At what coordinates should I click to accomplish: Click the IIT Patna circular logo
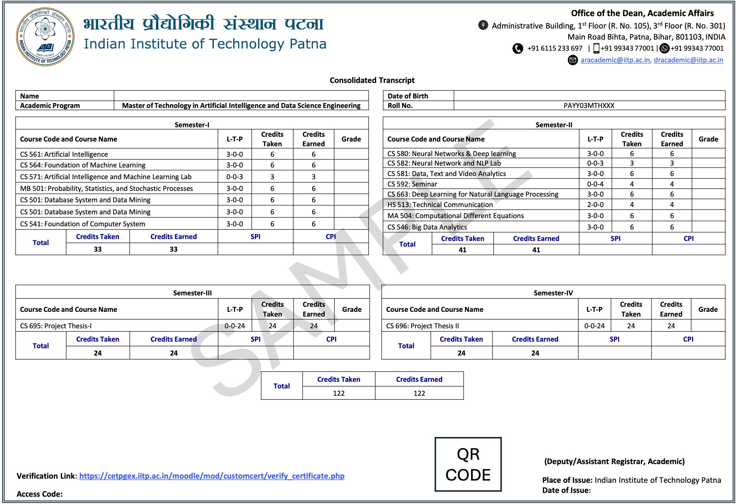[45, 36]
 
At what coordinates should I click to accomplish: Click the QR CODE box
[468, 464]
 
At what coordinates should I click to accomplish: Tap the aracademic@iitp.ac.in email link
[615, 60]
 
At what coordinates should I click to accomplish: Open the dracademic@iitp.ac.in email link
[688, 60]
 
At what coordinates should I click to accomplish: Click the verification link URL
[212, 476]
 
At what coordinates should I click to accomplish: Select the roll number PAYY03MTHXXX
[589, 106]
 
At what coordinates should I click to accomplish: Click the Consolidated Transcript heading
[372, 80]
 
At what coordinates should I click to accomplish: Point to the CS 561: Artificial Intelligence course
[64, 154]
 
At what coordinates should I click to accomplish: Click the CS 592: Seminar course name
[412, 184]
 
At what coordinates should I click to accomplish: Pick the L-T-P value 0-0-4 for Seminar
[595, 184]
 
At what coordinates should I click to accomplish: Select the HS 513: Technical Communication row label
[440, 205]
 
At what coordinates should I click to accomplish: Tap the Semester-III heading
[192, 293]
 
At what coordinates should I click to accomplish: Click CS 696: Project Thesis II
[422, 326]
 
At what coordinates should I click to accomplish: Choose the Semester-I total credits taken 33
[98, 249]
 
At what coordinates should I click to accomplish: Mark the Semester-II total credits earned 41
[536, 250]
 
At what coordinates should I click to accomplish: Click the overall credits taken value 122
[339, 393]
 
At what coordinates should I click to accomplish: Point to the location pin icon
[483, 25]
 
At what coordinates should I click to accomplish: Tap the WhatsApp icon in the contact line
[664, 48]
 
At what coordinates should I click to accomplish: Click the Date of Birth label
[408, 96]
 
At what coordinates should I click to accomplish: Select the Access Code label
[39, 494]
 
